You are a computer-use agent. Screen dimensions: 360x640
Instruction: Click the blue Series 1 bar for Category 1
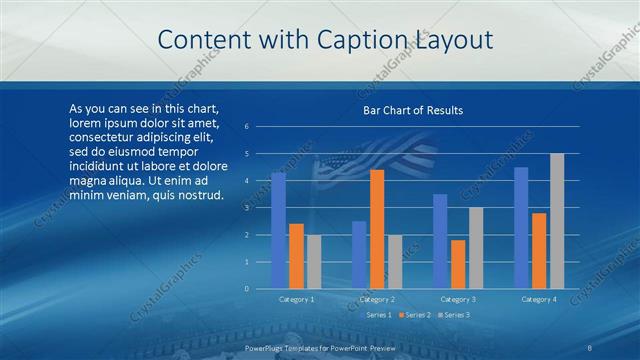(278, 231)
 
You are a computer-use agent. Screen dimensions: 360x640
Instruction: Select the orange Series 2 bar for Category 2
(377, 229)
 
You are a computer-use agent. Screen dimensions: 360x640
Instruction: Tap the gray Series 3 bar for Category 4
(557, 221)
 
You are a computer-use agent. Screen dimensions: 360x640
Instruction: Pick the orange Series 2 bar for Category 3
(458, 264)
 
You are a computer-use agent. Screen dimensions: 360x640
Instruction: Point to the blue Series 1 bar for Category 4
(521, 228)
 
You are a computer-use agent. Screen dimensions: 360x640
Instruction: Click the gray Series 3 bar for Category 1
(314, 262)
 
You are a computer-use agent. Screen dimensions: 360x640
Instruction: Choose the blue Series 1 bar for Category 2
(359, 255)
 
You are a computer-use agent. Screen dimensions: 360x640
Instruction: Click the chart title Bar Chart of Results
(412, 110)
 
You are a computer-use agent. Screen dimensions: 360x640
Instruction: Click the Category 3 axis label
(458, 299)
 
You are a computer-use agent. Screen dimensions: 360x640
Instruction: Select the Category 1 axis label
(296, 299)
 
